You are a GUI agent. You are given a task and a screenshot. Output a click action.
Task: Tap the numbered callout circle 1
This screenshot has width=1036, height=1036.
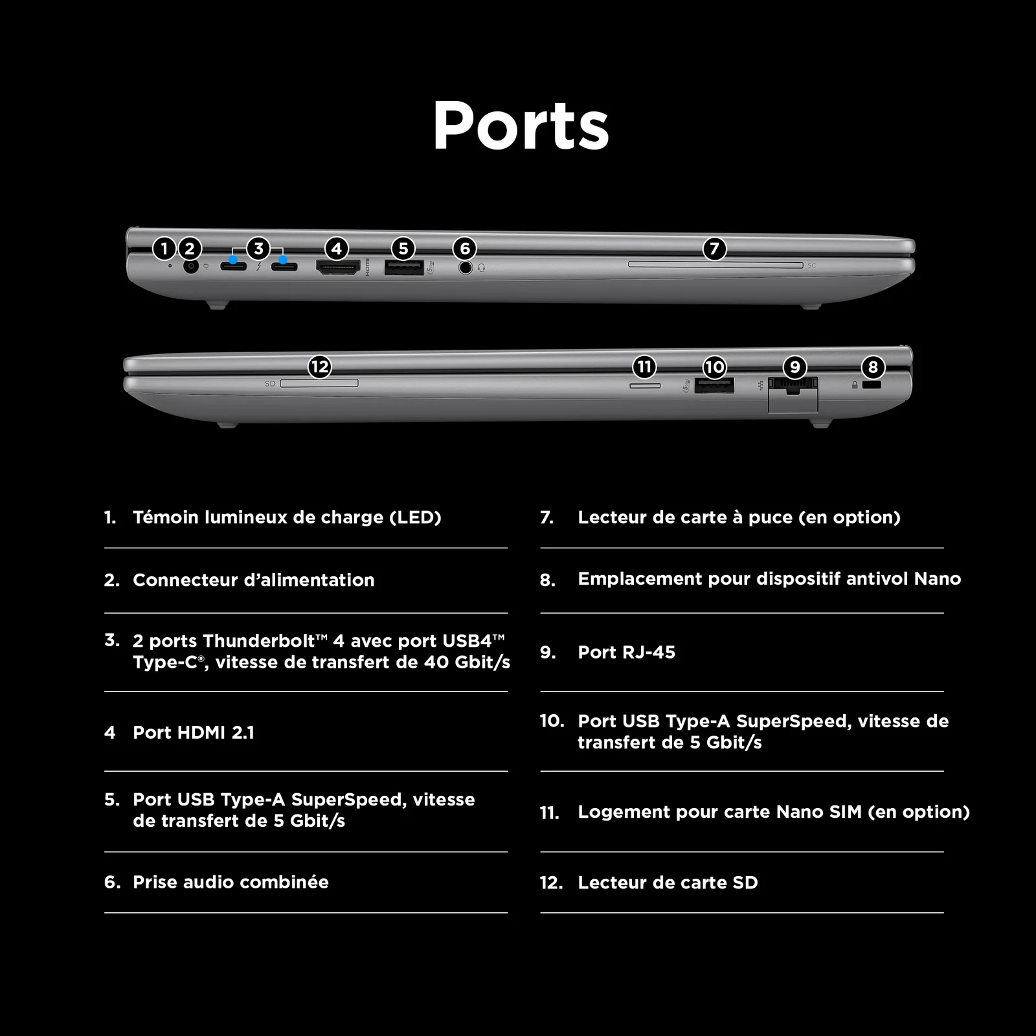[164, 249]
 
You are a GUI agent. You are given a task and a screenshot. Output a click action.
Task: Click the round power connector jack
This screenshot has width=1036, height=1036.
[190, 266]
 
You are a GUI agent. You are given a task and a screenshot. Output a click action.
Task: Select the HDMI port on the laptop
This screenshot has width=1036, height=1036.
[337, 267]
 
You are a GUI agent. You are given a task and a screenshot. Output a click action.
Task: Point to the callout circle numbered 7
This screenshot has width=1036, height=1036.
[714, 249]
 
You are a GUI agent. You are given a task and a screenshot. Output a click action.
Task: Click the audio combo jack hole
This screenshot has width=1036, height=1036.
[466, 267]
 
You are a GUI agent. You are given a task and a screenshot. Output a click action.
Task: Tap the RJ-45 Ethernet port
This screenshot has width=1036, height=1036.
[793, 393]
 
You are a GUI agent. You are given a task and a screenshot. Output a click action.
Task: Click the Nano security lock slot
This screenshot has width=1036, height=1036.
[872, 385]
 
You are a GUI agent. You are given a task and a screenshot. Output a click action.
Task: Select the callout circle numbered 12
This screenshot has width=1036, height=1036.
[320, 367]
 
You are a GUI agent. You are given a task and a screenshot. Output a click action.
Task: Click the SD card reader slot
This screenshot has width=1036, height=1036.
[319, 383]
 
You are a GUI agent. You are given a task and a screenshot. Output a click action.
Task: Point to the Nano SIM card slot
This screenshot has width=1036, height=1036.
[646, 386]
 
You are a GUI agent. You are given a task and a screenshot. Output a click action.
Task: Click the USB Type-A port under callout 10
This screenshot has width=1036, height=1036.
[714, 386]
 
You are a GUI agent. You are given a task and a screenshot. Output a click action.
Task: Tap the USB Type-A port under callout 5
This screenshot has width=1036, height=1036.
[404, 267]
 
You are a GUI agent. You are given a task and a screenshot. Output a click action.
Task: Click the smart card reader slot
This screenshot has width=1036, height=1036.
[715, 265]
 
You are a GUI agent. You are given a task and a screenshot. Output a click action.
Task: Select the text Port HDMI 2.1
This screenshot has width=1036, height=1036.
[194, 732]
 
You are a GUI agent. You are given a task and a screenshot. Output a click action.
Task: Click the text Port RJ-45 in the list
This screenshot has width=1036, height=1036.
[626, 652]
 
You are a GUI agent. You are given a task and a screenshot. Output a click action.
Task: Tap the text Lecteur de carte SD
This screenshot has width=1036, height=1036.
[668, 883]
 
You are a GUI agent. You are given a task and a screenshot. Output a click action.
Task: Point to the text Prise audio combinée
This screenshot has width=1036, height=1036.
[231, 882]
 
